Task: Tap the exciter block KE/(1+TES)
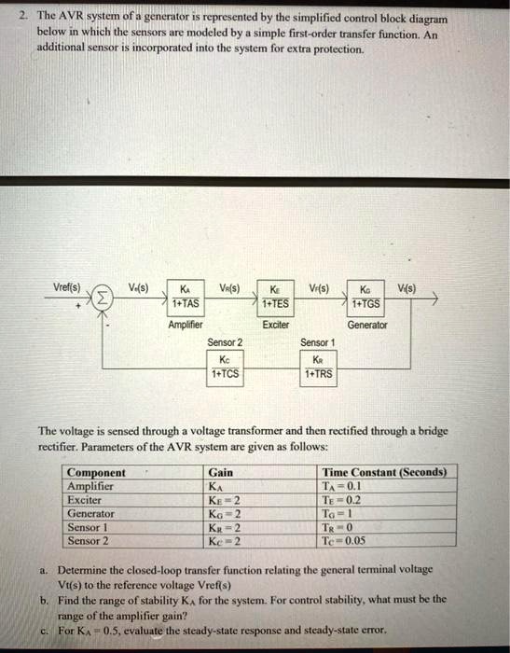click(x=275, y=298)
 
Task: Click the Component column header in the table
click(x=97, y=473)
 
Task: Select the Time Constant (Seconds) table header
click(x=384, y=473)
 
